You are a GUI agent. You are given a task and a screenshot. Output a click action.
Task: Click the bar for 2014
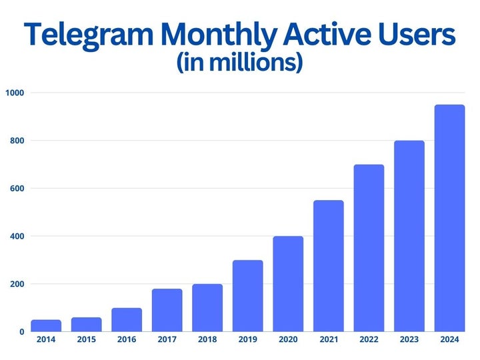[46, 325]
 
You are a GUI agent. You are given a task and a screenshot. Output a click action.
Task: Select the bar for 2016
[127, 319]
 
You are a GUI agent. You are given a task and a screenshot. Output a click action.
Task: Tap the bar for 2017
[167, 310]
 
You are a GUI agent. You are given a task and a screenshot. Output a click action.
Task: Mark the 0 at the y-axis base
[21, 331]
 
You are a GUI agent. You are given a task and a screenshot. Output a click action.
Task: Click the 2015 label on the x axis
[86, 340]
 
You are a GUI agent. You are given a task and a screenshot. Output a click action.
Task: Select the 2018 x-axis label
[207, 340]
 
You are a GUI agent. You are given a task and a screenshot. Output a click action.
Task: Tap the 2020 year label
[288, 340]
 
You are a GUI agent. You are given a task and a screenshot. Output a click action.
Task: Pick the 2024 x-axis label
[449, 340]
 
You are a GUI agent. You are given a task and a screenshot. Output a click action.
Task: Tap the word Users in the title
[415, 35]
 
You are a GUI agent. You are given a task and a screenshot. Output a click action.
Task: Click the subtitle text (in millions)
[240, 63]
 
